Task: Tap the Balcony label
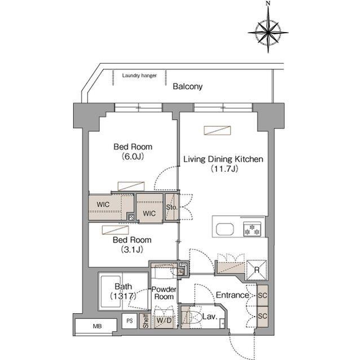pos(188,87)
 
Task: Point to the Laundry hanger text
pos(139,75)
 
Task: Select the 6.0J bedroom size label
pos(133,157)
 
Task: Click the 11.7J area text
pos(224,169)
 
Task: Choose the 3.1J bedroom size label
pos(132,250)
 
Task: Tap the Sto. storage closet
pos(171,207)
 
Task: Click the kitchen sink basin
pos(224,229)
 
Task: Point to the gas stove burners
pos(252,229)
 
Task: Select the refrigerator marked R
pos(257,270)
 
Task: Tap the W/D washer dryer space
pos(164,320)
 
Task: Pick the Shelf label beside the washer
pos(146,321)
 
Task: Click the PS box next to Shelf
pos(130,321)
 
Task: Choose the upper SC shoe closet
pos(262,295)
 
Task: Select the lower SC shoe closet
pos(262,316)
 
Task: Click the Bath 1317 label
pos(123,291)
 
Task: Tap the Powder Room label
pos(164,293)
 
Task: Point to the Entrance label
pos(232,295)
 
